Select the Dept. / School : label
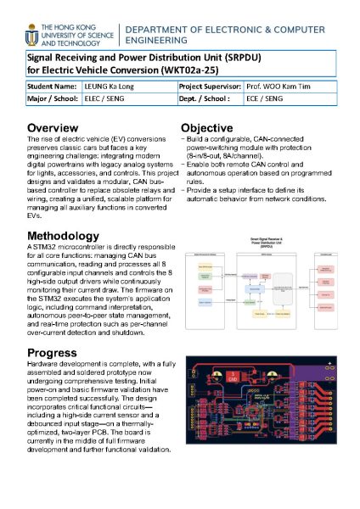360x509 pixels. (x=207, y=99)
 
